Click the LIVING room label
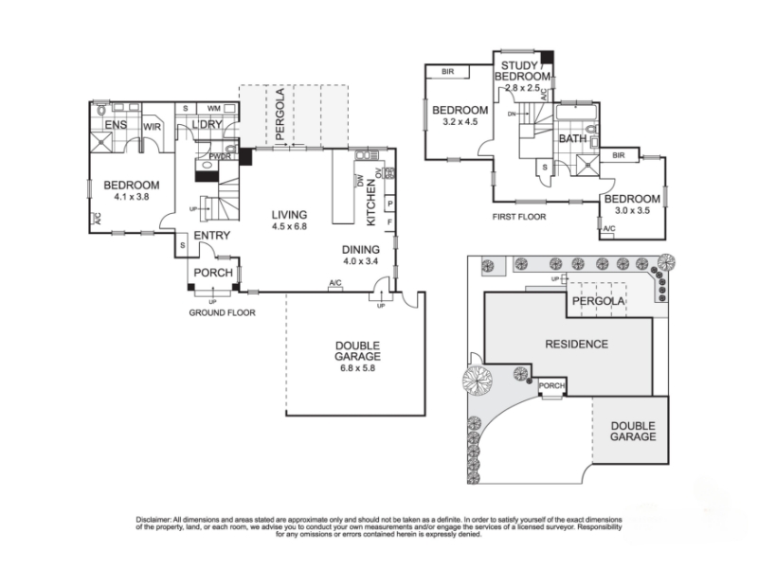289,215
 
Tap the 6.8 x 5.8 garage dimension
357,368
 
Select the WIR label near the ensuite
152,127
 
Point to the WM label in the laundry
214,108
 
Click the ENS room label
116,125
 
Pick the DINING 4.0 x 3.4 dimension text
360,261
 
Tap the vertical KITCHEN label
371,203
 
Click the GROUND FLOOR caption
222,313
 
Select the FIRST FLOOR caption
518,218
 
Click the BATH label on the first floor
573,138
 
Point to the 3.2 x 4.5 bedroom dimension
460,122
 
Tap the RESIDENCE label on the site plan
576,345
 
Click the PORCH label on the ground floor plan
213,273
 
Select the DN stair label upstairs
512,114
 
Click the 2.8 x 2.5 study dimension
522,88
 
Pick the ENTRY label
211,236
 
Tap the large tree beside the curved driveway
478,379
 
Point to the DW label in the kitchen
360,181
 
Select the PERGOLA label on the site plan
599,301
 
